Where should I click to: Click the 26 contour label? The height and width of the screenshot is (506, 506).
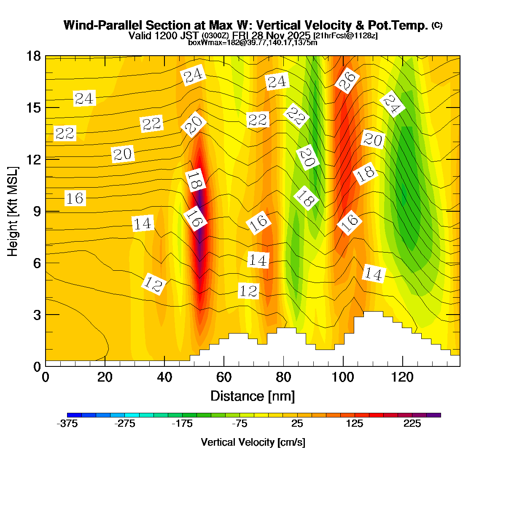347,80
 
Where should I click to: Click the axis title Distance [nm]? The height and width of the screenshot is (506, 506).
252,396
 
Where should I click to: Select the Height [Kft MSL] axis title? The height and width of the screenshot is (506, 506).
13,211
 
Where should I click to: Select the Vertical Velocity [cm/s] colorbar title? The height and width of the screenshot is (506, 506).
253,442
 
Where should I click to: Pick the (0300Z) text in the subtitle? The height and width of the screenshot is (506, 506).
215,35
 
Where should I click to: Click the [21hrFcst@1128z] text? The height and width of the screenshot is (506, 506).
345,35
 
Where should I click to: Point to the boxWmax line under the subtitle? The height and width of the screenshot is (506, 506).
253,42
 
